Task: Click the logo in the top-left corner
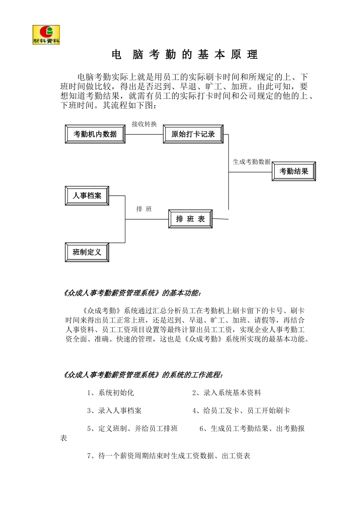click(46, 35)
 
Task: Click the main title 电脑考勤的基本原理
click(185, 55)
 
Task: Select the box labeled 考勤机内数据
click(95, 134)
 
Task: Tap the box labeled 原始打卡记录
click(193, 134)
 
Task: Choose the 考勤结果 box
click(294, 172)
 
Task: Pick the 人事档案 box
click(87, 196)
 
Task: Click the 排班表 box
click(190, 219)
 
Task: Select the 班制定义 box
click(87, 252)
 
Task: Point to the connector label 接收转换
click(144, 124)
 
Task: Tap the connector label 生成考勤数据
click(252, 162)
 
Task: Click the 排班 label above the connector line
click(144, 209)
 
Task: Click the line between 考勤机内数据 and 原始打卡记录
click(144, 134)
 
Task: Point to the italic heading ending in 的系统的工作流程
click(142, 375)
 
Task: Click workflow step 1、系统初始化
click(110, 393)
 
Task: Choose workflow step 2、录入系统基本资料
click(227, 393)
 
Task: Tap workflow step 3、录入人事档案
click(114, 411)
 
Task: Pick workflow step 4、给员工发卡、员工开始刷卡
click(241, 411)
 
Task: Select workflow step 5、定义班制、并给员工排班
click(132, 429)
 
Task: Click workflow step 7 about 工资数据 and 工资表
click(169, 456)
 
